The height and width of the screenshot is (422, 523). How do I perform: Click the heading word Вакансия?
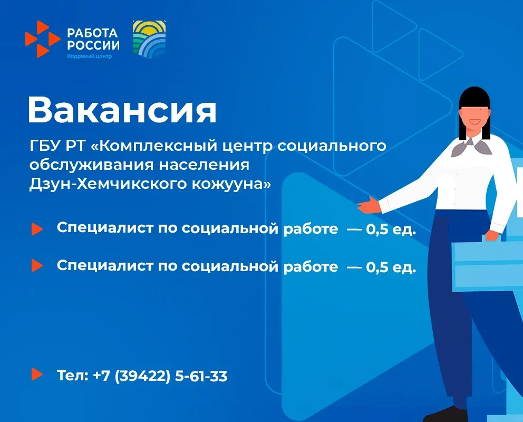[x=122, y=110]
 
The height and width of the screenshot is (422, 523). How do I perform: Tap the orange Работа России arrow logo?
[x=42, y=39]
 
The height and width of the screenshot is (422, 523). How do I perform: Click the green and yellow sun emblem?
[x=149, y=39]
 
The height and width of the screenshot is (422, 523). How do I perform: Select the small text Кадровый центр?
[x=90, y=56]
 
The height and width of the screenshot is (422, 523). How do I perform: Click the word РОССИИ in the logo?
[x=93, y=45]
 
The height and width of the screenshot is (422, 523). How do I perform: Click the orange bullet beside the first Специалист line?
[x=37, y=229]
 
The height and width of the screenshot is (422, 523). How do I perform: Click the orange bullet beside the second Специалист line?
[x=37, y=265]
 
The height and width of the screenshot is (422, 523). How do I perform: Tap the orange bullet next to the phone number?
[x=37, y=374]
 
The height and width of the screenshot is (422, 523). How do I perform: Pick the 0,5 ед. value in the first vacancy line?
[x=391, y=229]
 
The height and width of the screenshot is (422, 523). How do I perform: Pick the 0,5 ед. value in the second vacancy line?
[x=391, y=267]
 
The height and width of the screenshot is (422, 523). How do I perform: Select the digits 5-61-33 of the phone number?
[x=201, y=376]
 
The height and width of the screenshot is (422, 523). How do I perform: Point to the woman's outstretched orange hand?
[x=369, y=205]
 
